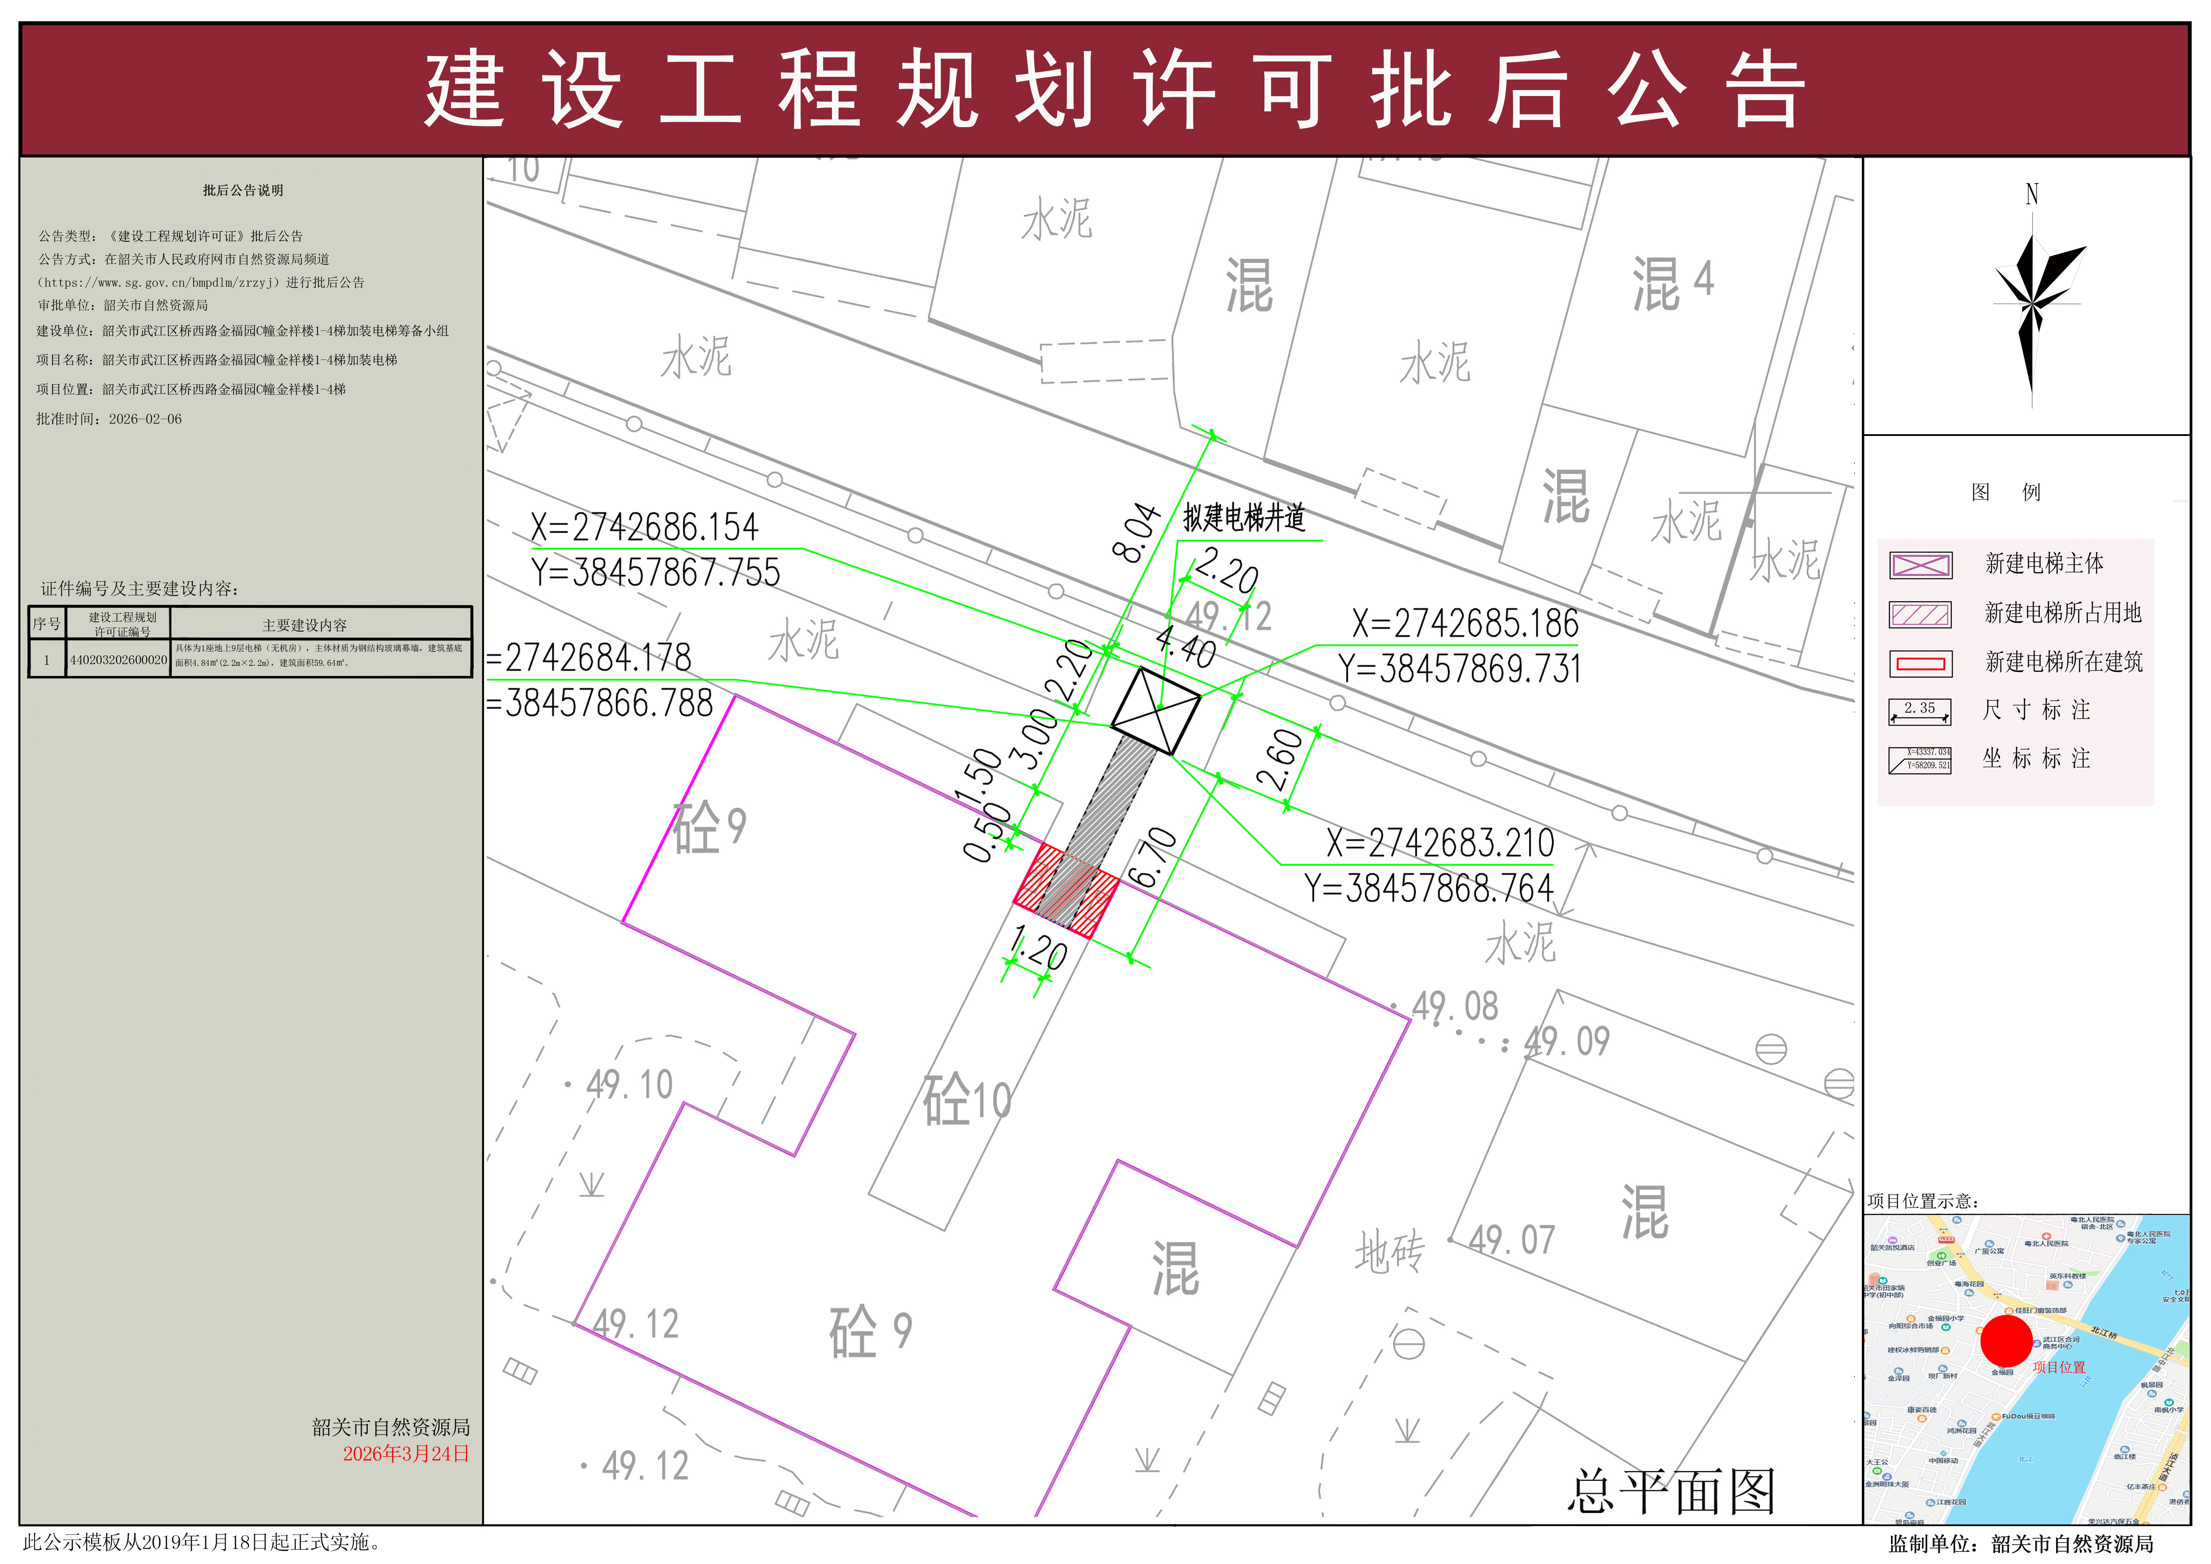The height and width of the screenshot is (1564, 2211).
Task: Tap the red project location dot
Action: click(x=2006, y=1340)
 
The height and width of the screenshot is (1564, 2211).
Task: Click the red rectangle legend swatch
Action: click(x=1920, y=663)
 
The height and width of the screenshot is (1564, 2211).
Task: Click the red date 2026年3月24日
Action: click(x=406, y=1453)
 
